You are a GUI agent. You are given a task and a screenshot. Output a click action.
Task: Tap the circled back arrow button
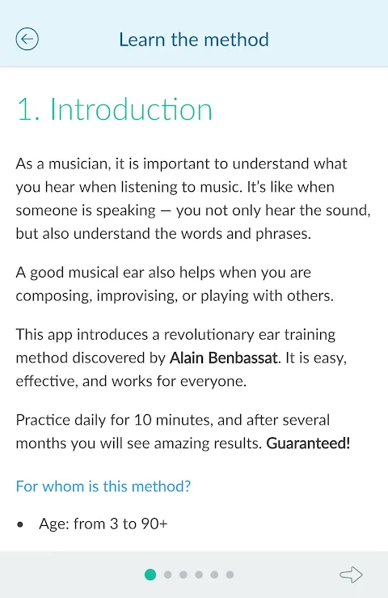(27, 39)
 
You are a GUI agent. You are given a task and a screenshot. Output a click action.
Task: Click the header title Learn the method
(194, 40)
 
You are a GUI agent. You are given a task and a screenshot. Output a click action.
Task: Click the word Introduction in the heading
(131, 109)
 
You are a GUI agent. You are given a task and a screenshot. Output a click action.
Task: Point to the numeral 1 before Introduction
(25, 110)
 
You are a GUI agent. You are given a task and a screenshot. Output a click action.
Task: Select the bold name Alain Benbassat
(223, 358)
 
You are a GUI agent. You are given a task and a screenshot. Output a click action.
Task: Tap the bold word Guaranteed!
(308, 443)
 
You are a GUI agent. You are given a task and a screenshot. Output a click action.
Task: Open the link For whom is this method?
(103, 486)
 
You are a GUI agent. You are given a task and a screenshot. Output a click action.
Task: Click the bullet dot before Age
(20, 525)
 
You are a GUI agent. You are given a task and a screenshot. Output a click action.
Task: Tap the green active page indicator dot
(150, 575)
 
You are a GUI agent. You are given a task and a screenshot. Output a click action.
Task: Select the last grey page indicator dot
(230, 575)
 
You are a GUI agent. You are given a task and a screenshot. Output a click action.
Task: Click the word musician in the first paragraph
(79, 164)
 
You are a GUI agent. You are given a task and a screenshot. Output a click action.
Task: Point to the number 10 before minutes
(143, 420)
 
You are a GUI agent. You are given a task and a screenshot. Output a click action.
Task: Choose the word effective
(45, 381)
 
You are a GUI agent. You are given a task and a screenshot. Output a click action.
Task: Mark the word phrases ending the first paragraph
(283, 234)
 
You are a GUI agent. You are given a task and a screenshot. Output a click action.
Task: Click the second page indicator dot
(167, 575)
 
